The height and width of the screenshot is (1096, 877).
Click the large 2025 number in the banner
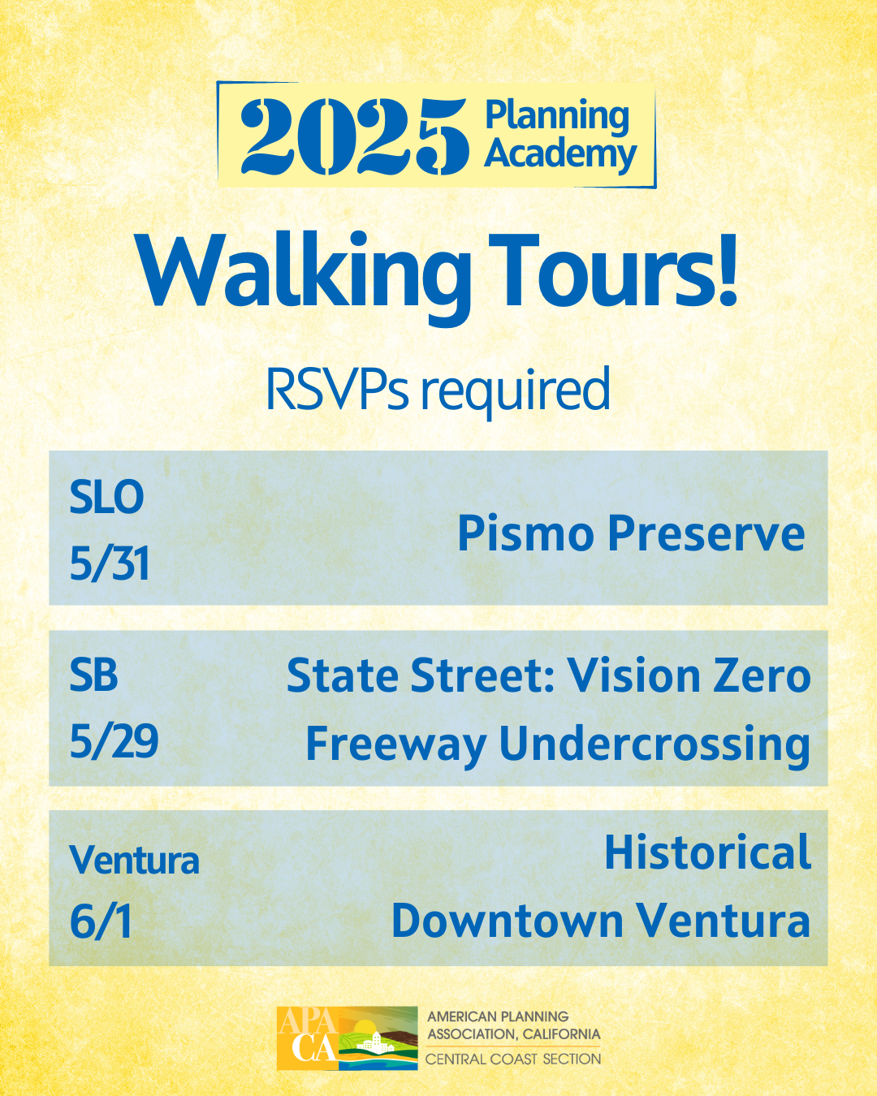click(354, 136)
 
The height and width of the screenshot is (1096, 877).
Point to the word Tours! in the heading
click(614, 270)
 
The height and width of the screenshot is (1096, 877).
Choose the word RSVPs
click(337, 389)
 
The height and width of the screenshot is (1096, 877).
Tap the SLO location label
click(106, 497)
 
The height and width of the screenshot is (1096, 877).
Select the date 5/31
click(109, 563)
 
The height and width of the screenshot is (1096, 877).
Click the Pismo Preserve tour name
click(631, 533)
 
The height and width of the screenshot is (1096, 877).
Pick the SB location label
click(93, 674)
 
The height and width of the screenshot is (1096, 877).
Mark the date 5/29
click(114, 741)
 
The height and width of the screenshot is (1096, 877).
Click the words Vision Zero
click(689, 675)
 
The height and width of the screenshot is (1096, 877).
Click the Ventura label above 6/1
click(134, 861)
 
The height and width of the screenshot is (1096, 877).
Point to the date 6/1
click(101, 921)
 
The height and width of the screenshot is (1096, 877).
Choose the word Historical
click(707, 852)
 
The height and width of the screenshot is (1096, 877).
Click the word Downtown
click(508, 921)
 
